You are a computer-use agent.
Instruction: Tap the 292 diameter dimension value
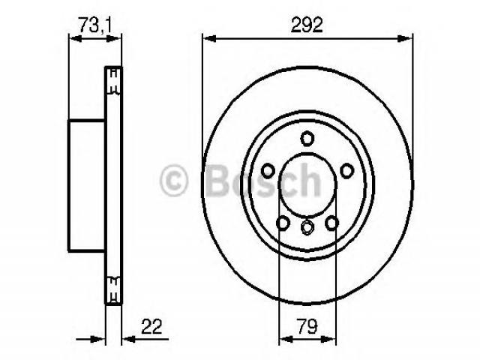[x=307, y=25]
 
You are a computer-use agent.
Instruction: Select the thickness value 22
[x=151, y=327]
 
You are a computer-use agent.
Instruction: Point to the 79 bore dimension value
[x=307, y=326]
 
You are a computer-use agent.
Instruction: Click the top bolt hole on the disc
[x=307, y=138]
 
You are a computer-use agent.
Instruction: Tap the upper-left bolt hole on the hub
[x=268, y=170]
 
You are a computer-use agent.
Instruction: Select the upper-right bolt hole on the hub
[x=347, y=171]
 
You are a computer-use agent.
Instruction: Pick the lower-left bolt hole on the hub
[x=283, y=223]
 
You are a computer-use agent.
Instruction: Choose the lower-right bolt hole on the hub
[x=331, y=223]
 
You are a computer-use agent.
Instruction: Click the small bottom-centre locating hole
[x=307, y=227]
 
